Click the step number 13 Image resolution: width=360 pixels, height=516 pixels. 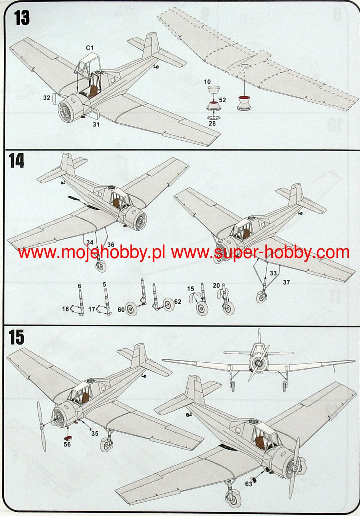(x=22, y=18)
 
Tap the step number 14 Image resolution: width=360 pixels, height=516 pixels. (x=17, y=161)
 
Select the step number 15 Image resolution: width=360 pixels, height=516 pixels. (x=17, y=337)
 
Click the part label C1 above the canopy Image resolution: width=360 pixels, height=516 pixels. (x=90, y=48)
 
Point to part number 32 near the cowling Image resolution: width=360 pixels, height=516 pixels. (x=46, y=98)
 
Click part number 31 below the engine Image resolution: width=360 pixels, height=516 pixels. (x=96, y=124)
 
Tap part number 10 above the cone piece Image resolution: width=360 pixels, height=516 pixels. (x=207, y=82)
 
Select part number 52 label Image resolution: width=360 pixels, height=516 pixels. (x=223, y=100)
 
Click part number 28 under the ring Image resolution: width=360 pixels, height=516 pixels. (x=212, y=124)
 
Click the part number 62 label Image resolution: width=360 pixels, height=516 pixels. (x=178, y=302)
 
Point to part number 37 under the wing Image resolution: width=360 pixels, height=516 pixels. (x=287, y=282)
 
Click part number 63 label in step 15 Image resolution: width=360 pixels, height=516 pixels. (x=248, y=484)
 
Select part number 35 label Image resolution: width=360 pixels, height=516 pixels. (x=95, y=433)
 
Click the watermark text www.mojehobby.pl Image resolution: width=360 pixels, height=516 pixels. (x=91, y=252)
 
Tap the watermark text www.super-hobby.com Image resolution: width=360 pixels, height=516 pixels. (x=260, y=252)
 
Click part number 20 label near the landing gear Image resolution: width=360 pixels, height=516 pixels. (x=216, y=286)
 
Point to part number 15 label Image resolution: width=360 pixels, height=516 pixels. (x=190, y=289)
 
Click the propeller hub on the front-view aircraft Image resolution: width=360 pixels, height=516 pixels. (x=259, y=364)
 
